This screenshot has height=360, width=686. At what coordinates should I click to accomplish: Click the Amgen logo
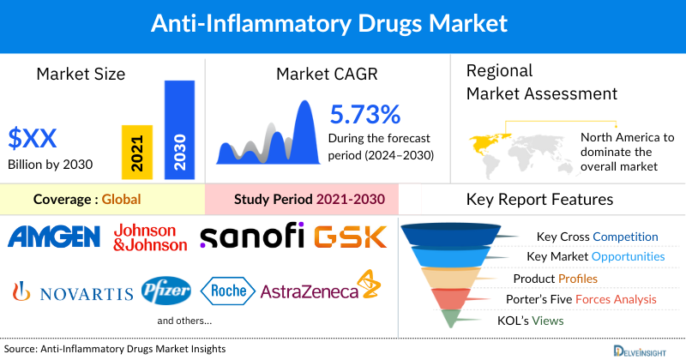[x=55, y=237]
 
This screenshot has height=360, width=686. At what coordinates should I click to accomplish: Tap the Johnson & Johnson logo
[x=149, y=237]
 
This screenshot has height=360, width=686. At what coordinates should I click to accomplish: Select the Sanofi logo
[x=251, y=237]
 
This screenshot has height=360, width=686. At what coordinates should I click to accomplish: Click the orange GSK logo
[x=351, y=237]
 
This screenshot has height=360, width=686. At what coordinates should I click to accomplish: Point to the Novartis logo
[x=73, y=292]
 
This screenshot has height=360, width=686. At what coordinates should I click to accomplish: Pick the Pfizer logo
[x=166, y=291]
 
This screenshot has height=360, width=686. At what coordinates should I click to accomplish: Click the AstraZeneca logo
[x=319, y=291]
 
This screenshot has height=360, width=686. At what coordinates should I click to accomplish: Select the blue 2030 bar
[x=179, y=129]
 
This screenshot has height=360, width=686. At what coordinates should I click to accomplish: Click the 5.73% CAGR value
[x=364, y=114]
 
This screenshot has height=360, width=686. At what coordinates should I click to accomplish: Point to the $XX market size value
[x=32, y=137]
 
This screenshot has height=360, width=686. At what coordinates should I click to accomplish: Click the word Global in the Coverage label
[x=121, y=200]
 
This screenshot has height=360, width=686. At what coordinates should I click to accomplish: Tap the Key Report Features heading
[x=539, y=200]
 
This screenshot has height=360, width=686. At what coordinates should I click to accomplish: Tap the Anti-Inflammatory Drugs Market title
[x=342, y=23]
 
